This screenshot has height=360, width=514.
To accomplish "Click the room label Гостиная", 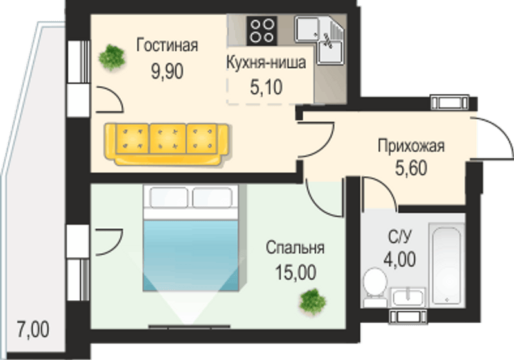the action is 167,45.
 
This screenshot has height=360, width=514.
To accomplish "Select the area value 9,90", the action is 167,71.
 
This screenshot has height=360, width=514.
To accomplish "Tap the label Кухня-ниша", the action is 266,62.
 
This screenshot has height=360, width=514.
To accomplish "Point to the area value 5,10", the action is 266,87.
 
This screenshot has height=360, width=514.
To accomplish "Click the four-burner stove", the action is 262,31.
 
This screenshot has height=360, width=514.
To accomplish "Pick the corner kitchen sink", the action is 319,40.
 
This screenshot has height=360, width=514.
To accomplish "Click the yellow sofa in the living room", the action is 167,143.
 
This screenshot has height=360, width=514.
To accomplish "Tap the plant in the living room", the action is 112,57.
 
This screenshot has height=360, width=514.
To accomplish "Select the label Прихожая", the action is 411,146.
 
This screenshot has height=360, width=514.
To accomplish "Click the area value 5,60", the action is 411,168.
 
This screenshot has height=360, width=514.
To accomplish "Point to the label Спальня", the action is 295,248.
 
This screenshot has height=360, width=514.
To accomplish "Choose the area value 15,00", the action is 296,273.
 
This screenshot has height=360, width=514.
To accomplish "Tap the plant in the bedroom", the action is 313,301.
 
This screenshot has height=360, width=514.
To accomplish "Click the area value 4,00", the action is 400,259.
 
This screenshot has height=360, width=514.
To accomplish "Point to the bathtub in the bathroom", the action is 447,265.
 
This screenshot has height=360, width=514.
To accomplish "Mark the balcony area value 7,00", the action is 33,330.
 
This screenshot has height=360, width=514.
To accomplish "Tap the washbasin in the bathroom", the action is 407,298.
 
